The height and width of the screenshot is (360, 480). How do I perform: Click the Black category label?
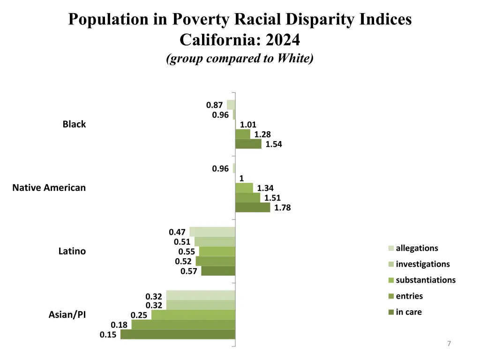click(x=74, y=124)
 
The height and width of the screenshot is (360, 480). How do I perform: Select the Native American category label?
click(x=49, y=188)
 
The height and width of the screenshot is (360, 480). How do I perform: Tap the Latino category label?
click(x=72, y=251)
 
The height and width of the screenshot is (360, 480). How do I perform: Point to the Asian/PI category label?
click(x=67, y=315)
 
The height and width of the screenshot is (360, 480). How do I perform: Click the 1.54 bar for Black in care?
click(x=248, y=144)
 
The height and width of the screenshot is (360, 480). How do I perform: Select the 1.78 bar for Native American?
click(x=253, y=207)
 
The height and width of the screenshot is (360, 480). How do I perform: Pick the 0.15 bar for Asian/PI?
click(x=178, y=334)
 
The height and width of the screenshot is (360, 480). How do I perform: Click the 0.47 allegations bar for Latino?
click(x=212, y=232)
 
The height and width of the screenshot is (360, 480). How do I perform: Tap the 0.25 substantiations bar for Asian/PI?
click(x=193, y=315)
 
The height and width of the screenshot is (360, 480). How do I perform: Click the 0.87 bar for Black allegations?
click(x=231, y=105)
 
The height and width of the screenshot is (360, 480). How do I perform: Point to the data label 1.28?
click(x=262, y=135)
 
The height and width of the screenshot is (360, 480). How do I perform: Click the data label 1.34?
click(x=265, y=188)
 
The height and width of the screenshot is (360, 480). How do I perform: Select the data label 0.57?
click(x=188, y=271)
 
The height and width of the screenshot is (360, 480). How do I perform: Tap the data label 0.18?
click(x=119, y=325)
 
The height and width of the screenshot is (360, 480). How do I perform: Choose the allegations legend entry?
click(x=416, y=248)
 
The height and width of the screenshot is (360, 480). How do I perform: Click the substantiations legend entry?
click(x=425, y=280)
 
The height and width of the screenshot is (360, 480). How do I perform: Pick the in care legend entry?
click(x=408, y=312)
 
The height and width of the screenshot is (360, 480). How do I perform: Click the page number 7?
click(x=449, y=344)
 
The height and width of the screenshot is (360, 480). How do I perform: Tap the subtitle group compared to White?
click(x=240, y=59)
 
